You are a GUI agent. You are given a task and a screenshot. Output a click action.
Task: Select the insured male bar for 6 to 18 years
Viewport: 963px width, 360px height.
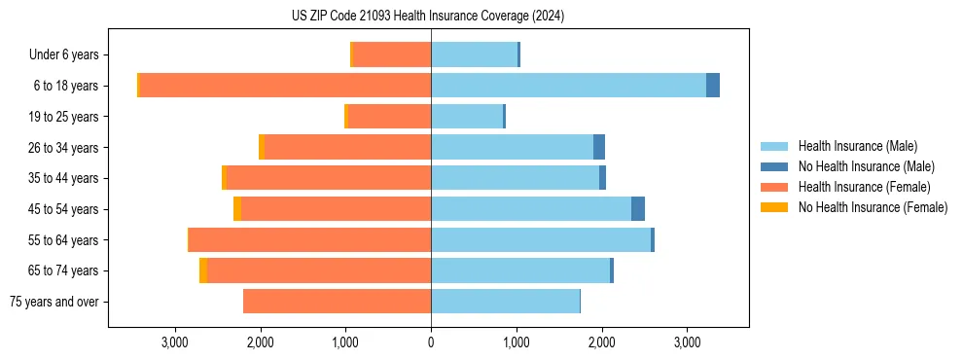tap(568, 86)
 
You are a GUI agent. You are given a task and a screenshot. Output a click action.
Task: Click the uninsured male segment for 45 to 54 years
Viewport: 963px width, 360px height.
tap(638, 209)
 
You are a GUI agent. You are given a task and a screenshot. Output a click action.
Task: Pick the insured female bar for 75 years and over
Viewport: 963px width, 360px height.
tap(337, 302)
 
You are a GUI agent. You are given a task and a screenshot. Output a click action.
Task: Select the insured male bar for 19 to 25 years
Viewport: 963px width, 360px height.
tap(467, 117)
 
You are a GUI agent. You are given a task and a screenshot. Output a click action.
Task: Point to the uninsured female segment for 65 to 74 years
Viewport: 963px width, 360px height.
tap(203, 270)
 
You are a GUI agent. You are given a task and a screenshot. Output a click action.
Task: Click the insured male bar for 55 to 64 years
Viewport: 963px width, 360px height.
tap(541, 239)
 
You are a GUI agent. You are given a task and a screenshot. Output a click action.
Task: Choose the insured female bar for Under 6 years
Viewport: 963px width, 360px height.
tap(391, 55)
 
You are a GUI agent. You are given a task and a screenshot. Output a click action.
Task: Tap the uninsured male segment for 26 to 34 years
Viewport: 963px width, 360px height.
tap(599, 147)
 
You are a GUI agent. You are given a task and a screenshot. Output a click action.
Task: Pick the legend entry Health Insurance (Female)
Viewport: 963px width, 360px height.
tap(864, 187)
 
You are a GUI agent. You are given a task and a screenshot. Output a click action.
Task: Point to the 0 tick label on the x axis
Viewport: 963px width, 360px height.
tap(431, 342)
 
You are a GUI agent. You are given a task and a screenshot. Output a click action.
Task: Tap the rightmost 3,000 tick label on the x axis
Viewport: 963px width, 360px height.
tap(687, 342)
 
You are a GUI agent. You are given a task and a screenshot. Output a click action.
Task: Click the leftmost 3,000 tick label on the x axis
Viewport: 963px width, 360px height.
tap(175, 342)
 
